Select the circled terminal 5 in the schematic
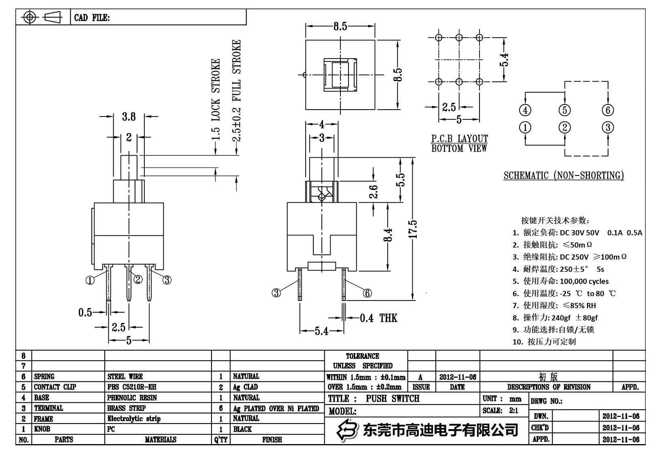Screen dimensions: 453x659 tap(564, 110)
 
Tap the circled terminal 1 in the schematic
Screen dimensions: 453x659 tap(525, 128)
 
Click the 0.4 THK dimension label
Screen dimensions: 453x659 tap(378, 318)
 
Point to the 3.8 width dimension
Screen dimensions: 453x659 tap(129, 116)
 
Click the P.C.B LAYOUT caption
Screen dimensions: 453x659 tap(459, 139)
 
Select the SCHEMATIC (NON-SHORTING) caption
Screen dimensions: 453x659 tap(564, 175)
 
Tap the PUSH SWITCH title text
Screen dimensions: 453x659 tap(393, 398)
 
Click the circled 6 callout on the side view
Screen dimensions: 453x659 tap(367, 293)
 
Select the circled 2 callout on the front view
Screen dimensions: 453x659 tap(138, 279)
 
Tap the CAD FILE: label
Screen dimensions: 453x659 tap(92, 18)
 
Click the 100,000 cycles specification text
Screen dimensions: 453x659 tap(584, 281)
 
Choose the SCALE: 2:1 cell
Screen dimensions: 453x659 tap(500, 411)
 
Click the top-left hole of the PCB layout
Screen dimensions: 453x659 tap(439, 38)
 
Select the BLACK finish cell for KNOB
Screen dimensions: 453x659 tap(243, 429)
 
